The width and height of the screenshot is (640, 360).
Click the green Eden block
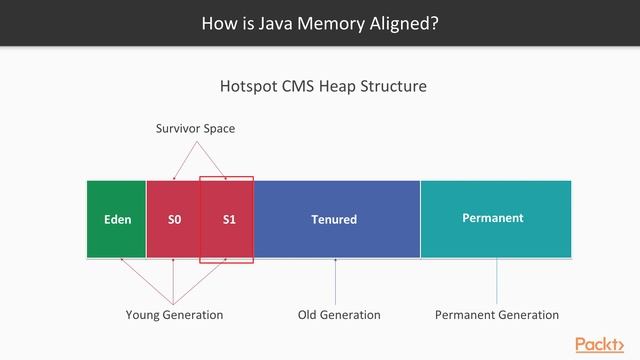tap(117, 219)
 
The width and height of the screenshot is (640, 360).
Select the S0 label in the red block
tap(174, 219)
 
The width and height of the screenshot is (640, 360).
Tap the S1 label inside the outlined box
tap(229, 219)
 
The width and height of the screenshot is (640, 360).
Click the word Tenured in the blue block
tap(334, 219)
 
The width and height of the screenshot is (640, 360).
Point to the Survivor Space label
tap(195, 129)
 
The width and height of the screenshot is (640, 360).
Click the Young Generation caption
tap(174, 315)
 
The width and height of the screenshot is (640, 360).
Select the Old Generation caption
tap(339, 315)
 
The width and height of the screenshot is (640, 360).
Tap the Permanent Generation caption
tap(497, 315)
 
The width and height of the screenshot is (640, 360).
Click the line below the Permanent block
tap(496, 281)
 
